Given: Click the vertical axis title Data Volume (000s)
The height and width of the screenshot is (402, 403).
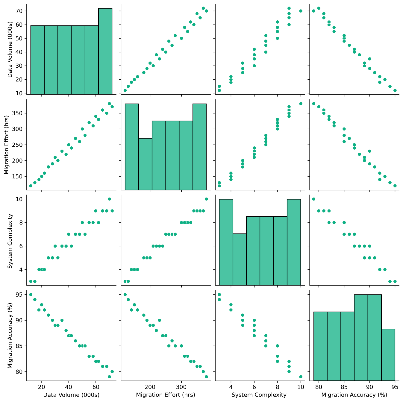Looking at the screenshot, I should coord(10,50).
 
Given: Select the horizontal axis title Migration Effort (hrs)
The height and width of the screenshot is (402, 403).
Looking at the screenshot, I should coord(166,395).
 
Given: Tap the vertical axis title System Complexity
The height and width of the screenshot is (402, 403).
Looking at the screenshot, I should coord(10,241).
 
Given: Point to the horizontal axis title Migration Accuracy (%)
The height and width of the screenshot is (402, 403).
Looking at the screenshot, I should coord(354,395).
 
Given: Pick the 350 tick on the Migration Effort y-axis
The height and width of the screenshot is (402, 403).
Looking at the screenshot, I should coord(18,113).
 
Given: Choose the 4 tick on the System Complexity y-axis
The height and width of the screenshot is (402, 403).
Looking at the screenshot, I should coord(20,269).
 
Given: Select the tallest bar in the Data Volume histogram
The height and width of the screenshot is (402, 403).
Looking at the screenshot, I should coord(105,51).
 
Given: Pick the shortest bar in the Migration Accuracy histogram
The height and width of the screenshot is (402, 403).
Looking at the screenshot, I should coord(388,355).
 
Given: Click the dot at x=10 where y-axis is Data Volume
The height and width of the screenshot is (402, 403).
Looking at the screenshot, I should coord(301,11).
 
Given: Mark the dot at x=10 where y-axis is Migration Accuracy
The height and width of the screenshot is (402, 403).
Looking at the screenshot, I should coord(301,377).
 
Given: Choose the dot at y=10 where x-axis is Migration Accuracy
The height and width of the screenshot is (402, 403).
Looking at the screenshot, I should coord(313,199).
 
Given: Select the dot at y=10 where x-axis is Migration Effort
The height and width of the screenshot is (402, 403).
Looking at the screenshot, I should coord(206,199).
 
